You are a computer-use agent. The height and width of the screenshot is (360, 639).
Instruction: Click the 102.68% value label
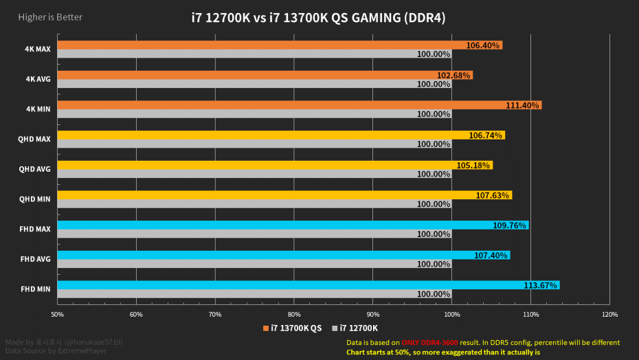453,76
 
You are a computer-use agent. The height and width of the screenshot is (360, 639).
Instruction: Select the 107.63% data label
492,196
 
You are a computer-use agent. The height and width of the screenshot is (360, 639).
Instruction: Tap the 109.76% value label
509,225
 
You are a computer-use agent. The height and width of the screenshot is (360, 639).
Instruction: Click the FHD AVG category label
34,259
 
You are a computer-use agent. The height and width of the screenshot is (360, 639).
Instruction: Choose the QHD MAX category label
34,139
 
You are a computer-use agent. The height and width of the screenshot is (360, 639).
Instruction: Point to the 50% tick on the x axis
58,315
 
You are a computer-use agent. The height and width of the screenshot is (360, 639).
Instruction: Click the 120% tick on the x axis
609,315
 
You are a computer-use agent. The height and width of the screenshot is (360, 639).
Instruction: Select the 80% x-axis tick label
294,315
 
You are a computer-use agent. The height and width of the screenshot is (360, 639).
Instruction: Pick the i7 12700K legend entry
359,328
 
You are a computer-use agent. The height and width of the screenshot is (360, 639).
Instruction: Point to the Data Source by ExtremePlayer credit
49,350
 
